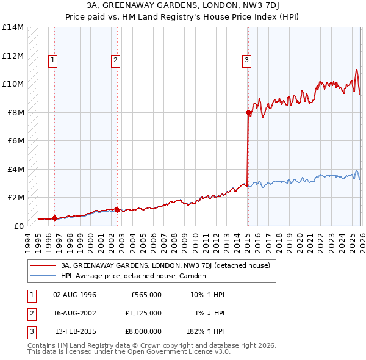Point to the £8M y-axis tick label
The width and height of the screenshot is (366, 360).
(x=15, y=112)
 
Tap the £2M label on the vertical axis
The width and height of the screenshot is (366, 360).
(x=15, y=197)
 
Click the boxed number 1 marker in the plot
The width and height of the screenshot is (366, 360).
(x=54, y=60)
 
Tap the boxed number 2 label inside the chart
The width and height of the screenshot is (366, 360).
(x=115, y=60)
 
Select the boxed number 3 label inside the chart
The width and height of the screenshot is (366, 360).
(x=246, y=60)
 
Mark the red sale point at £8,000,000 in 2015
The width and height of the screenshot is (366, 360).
(x=248, y=112)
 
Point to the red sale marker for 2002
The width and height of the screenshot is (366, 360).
(x=118, y=210)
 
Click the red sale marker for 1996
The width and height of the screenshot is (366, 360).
(x=54, y=218)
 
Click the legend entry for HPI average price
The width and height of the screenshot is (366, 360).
(x=134, y=276)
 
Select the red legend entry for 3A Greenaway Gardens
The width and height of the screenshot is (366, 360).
(x=166, y=265)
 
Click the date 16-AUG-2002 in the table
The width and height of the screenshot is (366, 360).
(x=74, y=313)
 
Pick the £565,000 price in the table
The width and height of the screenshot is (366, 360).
(x=146, y=295)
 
